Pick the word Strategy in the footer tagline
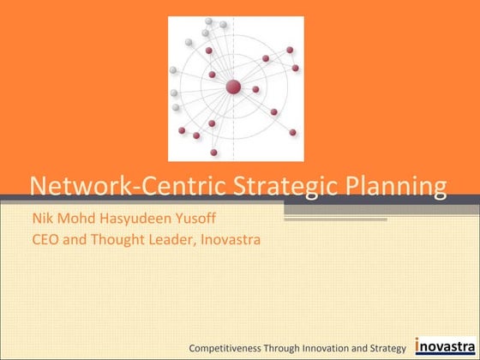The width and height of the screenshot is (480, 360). point(388,347)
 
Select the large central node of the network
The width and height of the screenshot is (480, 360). point(232,87)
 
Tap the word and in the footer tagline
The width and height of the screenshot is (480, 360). point(363,347)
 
